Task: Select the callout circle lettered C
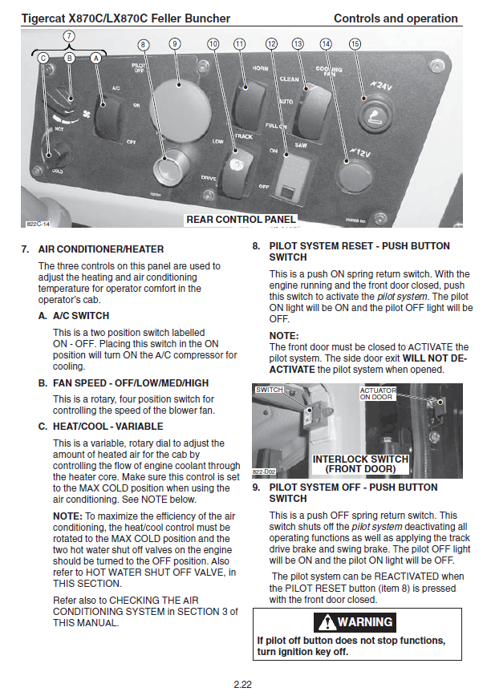point(43,58)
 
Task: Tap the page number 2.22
point(242,684)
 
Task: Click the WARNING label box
point(357,621)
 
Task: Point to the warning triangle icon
point(327,622)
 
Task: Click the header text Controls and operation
point(396,18)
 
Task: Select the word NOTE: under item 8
point(283,335)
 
